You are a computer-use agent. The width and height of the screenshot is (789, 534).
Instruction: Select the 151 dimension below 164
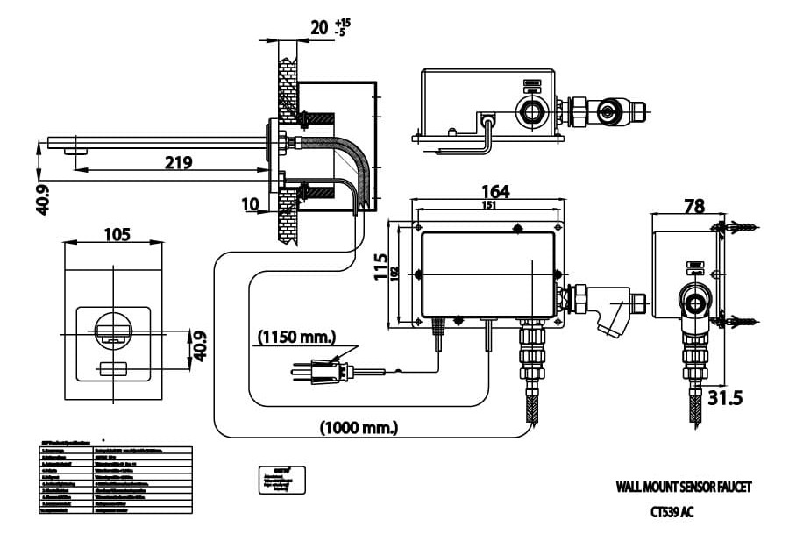click(x=487, y=207)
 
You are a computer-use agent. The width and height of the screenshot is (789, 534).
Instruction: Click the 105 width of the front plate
click(x=116, y=234)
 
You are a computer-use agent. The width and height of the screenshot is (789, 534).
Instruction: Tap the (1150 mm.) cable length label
click(x=297, y=336)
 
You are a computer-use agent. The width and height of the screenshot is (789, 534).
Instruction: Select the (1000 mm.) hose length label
click(x=359, y=428)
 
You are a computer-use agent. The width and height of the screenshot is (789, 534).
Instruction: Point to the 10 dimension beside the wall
click(x=250, y=204)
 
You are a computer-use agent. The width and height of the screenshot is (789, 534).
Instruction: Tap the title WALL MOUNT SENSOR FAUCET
click(x=683, y=486)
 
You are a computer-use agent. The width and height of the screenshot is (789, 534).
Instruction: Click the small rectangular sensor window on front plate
click(x=113, y=367)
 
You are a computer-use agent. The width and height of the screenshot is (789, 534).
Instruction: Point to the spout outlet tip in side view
click(x=76, y=152)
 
